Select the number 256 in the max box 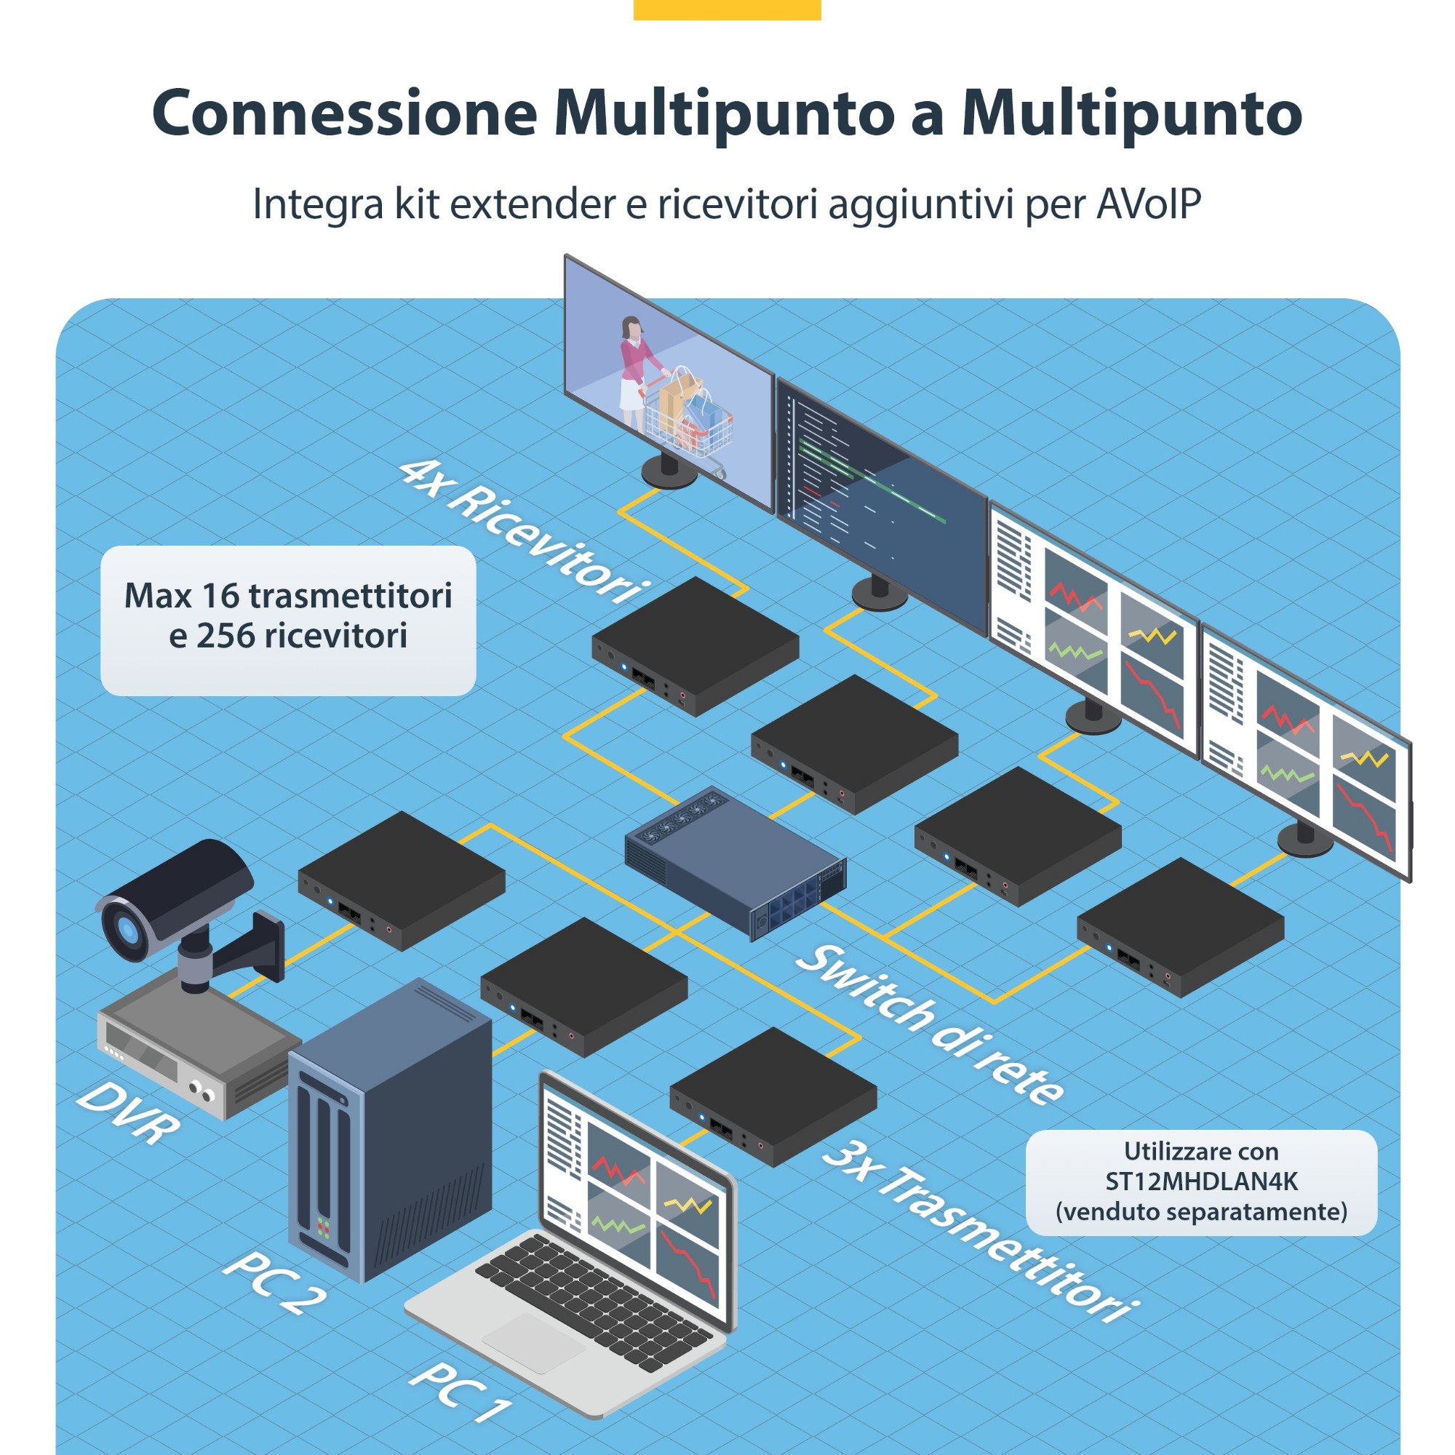click(x=226, y=637)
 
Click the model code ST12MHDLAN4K click(x=1201, y=1181)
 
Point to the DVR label click(x=128, y=1113)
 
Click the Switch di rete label click(x=929, y=1024)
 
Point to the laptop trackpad click(x=533, y=1344)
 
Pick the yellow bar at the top click(x=727, y=9)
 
